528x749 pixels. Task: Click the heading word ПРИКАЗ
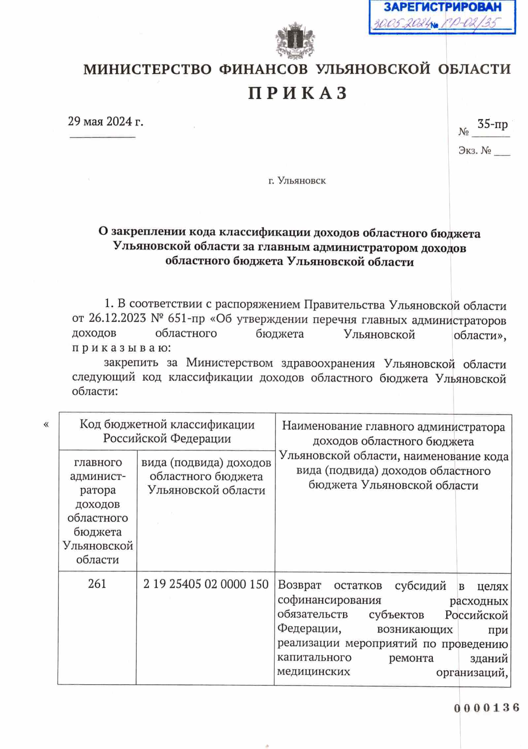[x=298, y=93]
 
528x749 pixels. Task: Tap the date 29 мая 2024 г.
[x=106, y=121]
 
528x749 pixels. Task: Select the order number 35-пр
[x=492, y=125]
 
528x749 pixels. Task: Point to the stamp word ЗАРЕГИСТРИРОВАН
[x=442, y=7]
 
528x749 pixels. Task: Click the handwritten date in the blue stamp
[x=401, y=23]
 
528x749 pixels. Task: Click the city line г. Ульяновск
[x=297, y=181]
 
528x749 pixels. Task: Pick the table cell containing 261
[x=97, y=584]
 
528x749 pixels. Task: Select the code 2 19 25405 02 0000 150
[x=206, y=584]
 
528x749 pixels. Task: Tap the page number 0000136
[x=487, y=708]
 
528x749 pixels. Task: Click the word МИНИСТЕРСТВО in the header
[x=147, y=70]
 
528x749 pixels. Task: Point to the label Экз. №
[x=474, y=151]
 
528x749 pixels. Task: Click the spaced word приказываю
[x=121, y=348]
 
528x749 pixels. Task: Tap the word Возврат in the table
[x=300, y=586]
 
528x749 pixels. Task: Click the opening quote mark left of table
[x=46, y=425]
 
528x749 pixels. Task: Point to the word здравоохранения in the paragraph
[x=328, y=363]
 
